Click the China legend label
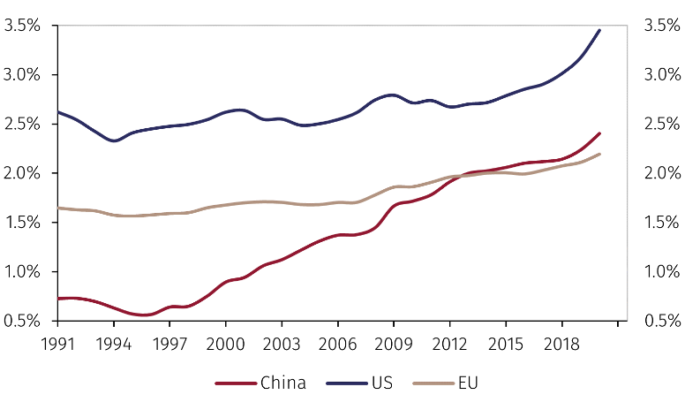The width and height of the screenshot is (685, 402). coord(283,383)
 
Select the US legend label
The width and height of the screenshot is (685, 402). coord(381,383)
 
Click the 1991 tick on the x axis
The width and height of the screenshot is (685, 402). coord(58,341)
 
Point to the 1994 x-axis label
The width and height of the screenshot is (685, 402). coord(114,341)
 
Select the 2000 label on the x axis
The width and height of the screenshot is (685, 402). coord(225,341)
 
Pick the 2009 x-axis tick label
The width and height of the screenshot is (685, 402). coord(393,341)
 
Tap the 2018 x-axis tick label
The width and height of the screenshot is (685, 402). coord(560,341)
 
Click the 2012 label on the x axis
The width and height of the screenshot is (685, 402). coord(448,341)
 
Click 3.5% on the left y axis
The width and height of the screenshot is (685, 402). coord(22,26)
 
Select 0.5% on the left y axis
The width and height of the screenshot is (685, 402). coord(22,321)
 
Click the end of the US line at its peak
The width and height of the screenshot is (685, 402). coord(599,30)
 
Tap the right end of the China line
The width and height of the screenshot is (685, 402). coord(599,133)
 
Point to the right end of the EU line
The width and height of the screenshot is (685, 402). coord(599,154)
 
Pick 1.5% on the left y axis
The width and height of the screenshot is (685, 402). coord(22,223)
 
